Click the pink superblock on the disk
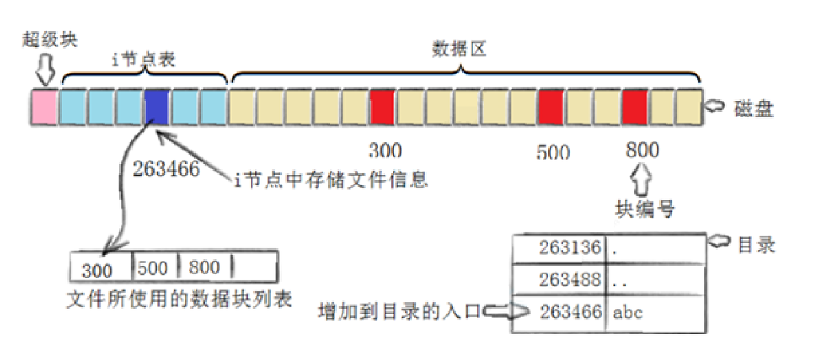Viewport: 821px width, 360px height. tap(44, 108)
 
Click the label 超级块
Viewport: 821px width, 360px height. tap(50, 40)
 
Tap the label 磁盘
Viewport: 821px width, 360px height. tap(754, 108)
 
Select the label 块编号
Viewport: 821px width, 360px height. tap(643, 209)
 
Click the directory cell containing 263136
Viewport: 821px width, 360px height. tap(559, 247)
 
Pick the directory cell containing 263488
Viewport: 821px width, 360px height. tap(559, 280)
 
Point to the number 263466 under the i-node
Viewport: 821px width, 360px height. tap(166, 169)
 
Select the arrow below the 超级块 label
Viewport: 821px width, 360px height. tap(45, 71)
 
